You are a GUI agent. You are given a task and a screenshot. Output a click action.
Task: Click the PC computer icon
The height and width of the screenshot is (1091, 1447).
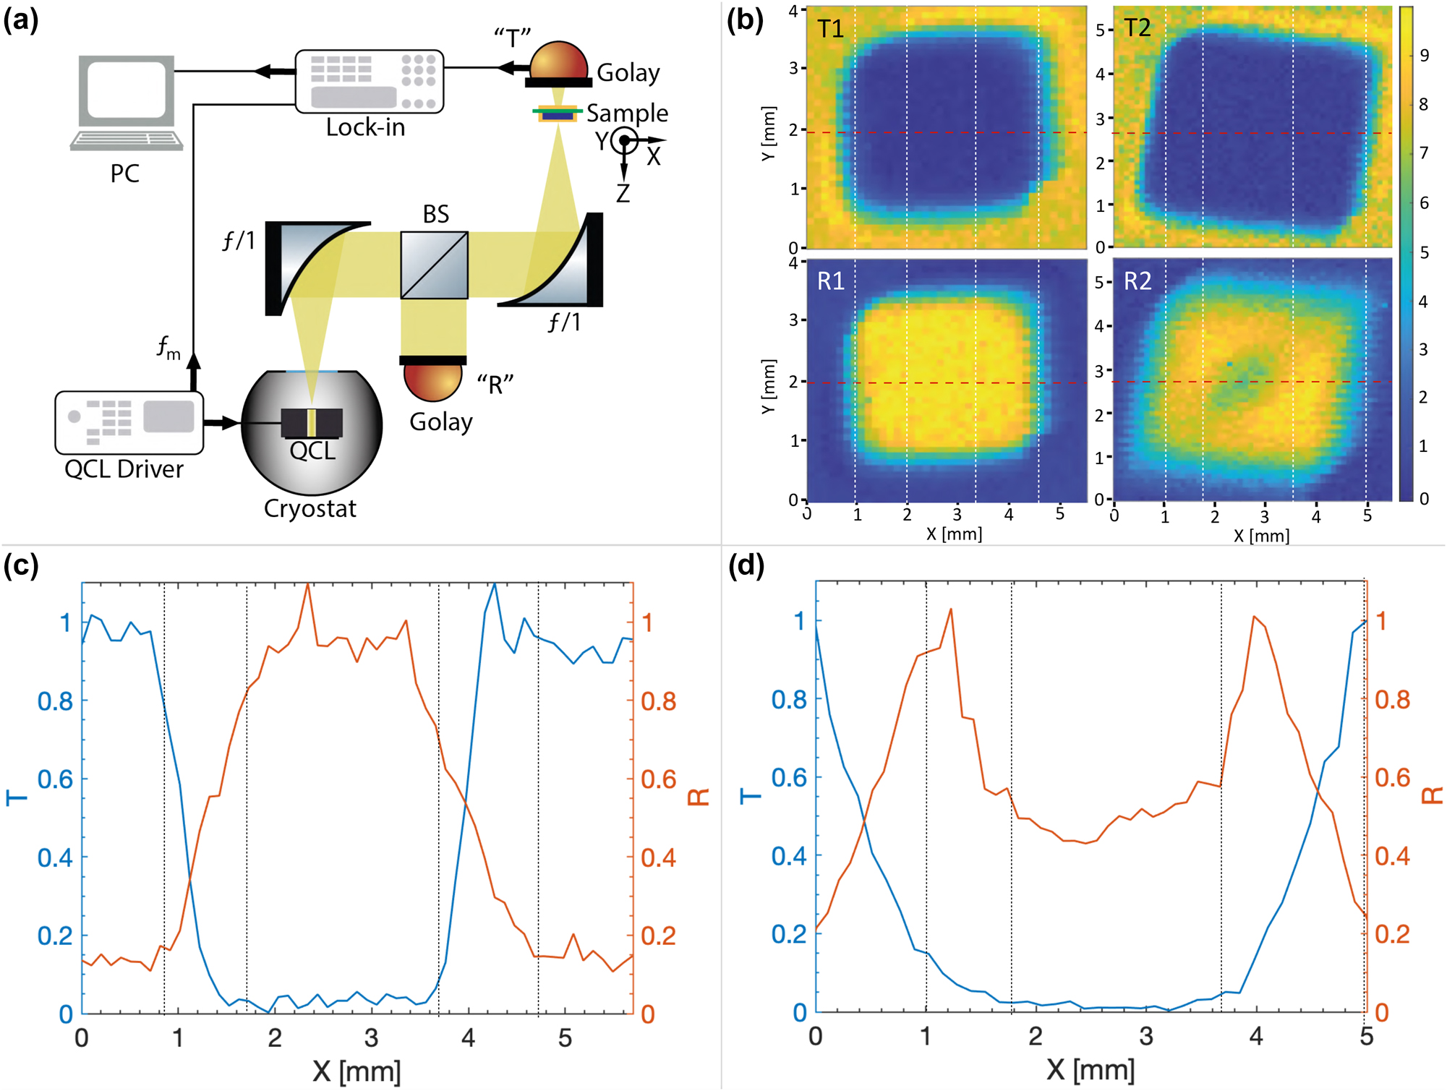coord(127,101)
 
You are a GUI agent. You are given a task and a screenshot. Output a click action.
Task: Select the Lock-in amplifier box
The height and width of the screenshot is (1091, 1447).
coord(369,81)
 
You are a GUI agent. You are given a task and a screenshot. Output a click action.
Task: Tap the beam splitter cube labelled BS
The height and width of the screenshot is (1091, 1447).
coord(434,265)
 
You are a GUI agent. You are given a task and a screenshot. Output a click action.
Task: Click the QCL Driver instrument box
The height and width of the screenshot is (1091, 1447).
coord(129,422)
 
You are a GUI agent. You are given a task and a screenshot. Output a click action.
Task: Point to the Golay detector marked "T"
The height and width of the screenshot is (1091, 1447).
coord(558,64)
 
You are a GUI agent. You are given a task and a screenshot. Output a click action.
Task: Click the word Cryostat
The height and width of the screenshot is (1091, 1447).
coord(310,508)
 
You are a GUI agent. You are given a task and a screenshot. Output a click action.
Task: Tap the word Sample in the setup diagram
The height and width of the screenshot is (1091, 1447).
coord(627,113)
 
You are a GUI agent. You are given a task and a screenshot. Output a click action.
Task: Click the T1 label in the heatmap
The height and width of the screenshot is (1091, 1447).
coord(830,29)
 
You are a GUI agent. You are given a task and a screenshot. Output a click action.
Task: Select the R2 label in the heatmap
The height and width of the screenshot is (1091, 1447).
coord(1137,281)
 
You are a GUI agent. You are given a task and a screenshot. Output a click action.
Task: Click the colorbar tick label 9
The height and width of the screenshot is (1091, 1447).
coord(1424,56)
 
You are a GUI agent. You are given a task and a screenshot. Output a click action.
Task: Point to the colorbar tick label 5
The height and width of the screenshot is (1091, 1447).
coord(1424,252)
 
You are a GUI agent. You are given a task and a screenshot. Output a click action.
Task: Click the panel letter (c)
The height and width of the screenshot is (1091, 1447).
coord(20,565)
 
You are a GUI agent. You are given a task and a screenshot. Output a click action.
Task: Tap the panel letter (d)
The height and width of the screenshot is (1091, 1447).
coord(746,565)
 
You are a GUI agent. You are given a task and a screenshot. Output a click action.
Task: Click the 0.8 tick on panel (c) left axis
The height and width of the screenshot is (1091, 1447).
coord(55,701)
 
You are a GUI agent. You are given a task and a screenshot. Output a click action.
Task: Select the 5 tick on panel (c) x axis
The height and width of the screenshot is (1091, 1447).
coord(565,1038)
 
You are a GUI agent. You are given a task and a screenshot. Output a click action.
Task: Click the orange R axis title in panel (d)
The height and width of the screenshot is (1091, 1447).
coord(1432,796)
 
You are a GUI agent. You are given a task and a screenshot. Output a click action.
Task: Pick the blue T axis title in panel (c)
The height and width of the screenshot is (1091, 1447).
coord(16,797)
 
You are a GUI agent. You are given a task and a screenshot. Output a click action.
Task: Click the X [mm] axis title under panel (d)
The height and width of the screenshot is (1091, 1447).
coord(1090,1069)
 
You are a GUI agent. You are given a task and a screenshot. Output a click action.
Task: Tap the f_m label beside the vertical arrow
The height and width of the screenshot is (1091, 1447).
coord(168,348)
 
